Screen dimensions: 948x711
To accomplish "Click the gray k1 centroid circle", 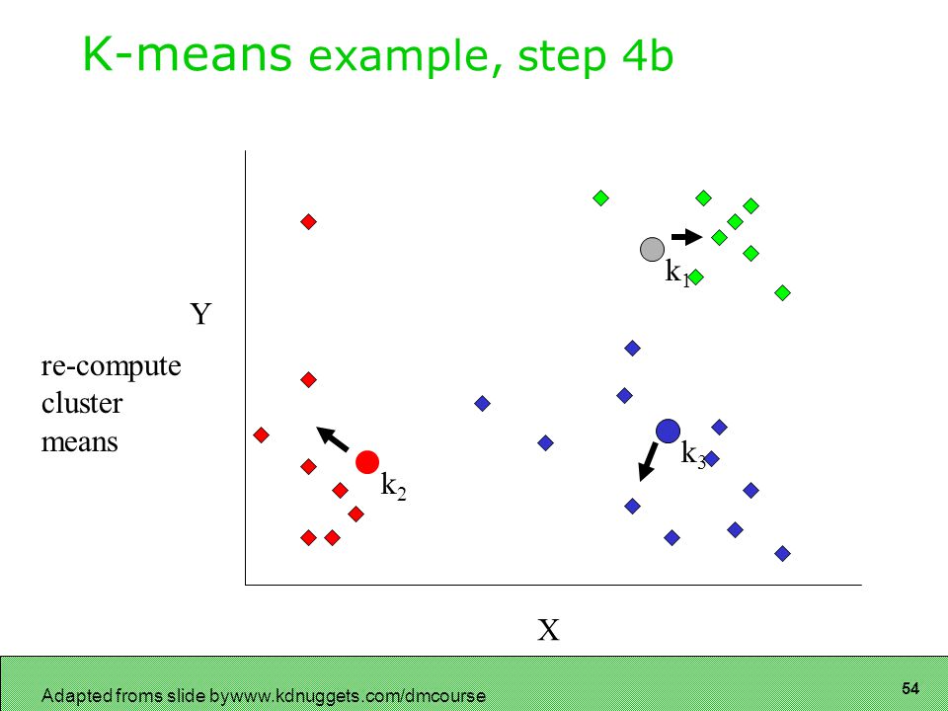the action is point(652,249).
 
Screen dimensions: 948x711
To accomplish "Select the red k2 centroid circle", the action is point(367,462).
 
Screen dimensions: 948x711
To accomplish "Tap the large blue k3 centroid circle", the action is point(668,431).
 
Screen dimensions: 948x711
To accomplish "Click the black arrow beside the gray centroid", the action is point(687,236).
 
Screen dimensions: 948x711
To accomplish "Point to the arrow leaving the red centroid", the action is point(333,438).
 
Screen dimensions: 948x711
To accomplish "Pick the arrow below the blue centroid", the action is point(648,462).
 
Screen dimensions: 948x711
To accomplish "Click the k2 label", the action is point(393,486).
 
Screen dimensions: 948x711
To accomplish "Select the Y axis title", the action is point(200,314).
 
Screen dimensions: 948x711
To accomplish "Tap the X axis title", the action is point(548,630).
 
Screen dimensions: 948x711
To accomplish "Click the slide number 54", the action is point(909,688).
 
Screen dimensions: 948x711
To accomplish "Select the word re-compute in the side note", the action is point(112,366).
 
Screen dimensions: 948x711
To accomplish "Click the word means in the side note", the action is point(79,442).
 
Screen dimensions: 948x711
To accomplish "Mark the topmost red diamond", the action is point(308,222).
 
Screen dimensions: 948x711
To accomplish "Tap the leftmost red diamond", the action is point(261,434).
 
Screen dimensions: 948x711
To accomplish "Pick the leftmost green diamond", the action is point(600,197).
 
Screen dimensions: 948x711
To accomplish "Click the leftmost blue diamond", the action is point(482,403).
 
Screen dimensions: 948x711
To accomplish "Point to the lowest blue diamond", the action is point(782,553).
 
